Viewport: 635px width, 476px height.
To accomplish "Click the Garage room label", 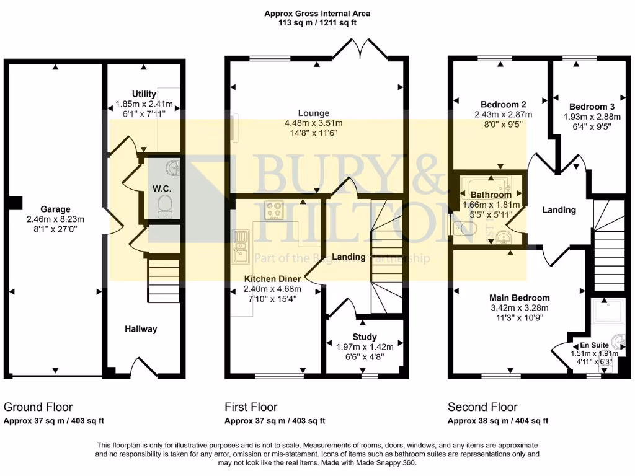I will [56, 209].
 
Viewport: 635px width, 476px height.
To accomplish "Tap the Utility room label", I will [144, 94].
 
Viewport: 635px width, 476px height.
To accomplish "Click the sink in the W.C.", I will [172, 167].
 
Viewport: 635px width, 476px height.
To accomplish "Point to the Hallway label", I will [141, 329].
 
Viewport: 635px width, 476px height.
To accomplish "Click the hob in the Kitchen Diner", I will [274, 211].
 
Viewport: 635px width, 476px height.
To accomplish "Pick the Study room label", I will [360, 337].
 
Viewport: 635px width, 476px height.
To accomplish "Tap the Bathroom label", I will [491, 195].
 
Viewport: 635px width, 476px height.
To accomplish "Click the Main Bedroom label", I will [519, 297].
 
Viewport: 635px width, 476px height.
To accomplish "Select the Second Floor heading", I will [482, 407].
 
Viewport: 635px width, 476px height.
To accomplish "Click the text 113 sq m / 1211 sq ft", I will [317, 23].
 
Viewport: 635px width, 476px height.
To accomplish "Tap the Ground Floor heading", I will [38, 407].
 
